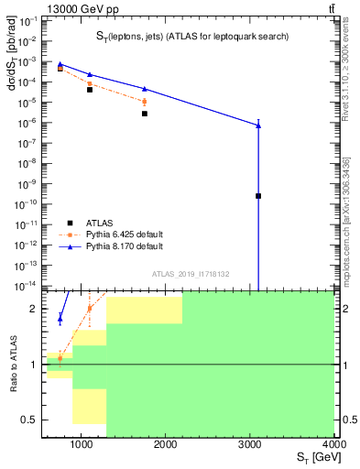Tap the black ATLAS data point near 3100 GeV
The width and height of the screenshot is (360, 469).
pos(258,196)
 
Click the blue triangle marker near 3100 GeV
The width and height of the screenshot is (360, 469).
pos(258,125)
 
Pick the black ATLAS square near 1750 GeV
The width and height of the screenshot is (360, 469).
pos(145,114)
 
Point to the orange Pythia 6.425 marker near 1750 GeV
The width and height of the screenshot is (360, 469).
pos(145,102)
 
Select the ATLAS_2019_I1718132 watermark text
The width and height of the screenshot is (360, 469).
pos(191,273)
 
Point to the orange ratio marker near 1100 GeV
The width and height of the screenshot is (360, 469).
pos(90,309)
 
